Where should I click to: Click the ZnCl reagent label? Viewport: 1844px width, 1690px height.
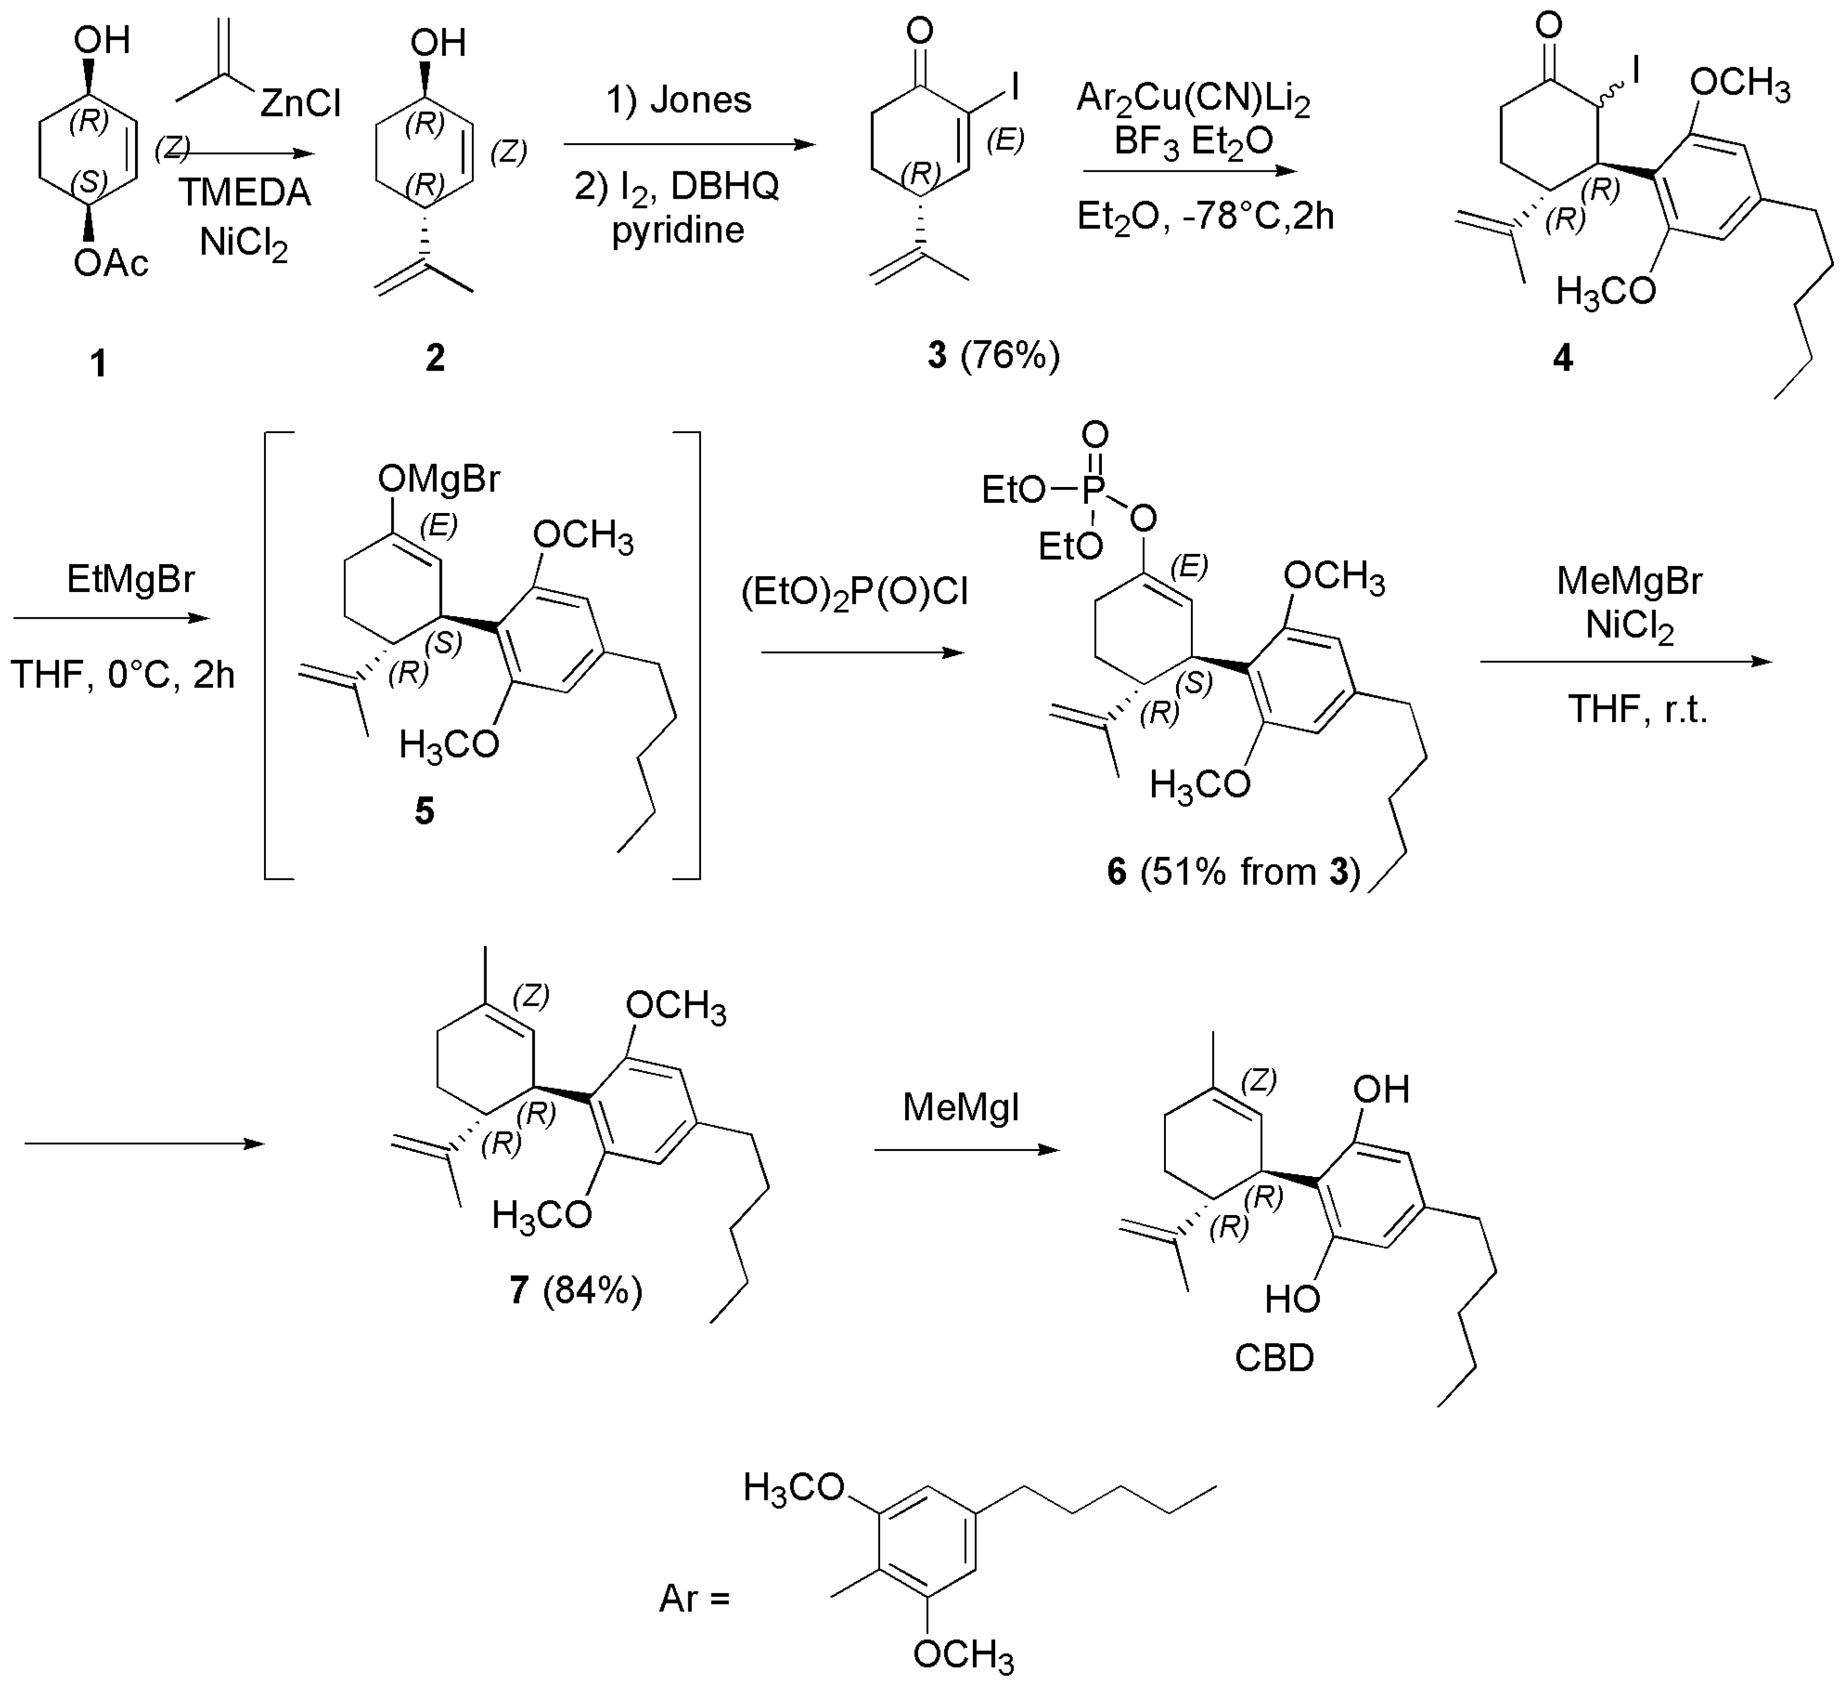(300, 104)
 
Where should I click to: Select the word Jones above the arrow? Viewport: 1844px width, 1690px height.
(679, 100)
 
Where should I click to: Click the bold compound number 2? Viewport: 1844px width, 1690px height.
(435, 358)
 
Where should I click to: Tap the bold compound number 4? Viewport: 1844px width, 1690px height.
(1563, 358)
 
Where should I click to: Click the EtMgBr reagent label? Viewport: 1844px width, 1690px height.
(131, 579)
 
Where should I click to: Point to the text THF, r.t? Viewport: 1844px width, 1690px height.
(1637, 709)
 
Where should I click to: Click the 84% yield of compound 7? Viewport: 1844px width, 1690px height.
(593, 1291)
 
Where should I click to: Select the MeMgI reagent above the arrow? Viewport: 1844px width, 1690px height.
(960, 1108)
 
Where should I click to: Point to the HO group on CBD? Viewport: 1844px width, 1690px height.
(1293, 1299)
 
